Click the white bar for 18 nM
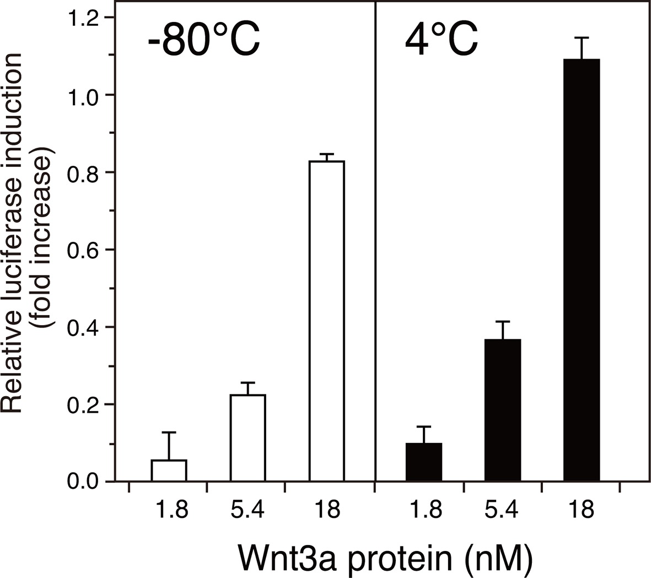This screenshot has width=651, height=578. tap(326, 321)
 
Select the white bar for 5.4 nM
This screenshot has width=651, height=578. tap(248, 438)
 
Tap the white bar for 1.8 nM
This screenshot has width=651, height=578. tap(169, 471)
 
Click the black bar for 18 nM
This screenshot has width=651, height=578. tap(582, 270)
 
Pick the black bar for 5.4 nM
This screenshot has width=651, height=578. tap(503, 410)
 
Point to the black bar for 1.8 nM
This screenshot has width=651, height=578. tap(424, 462)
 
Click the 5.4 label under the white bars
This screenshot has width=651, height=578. tap(248, 511)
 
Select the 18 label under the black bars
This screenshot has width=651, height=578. tap(582, 511)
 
